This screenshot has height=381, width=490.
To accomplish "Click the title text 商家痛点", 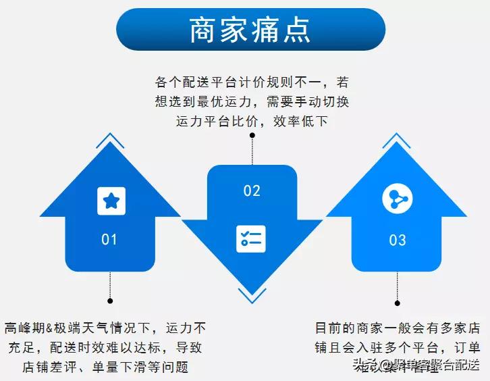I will (250, 30).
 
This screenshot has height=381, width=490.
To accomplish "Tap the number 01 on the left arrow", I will (109, 239).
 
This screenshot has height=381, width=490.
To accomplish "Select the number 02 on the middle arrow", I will (252, 191).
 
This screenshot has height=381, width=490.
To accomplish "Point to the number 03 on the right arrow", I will (398, 240).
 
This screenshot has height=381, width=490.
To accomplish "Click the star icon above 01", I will (111, 201).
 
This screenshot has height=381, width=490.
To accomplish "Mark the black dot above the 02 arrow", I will (252, 135).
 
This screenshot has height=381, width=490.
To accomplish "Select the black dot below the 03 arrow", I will (398, 301).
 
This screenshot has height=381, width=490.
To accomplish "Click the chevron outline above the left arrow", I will (110, 140).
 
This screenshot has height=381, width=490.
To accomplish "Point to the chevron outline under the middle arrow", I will (252, 295).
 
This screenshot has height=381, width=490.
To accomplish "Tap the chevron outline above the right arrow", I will (397, 140).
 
